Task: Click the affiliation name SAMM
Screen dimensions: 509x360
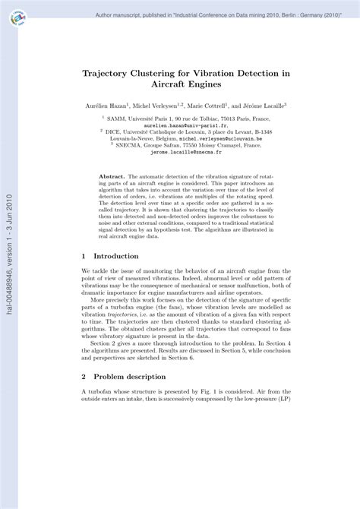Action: click(117, 119)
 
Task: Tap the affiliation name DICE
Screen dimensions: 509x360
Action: click(116, 130)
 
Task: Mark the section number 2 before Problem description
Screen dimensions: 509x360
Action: click(84, 375)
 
